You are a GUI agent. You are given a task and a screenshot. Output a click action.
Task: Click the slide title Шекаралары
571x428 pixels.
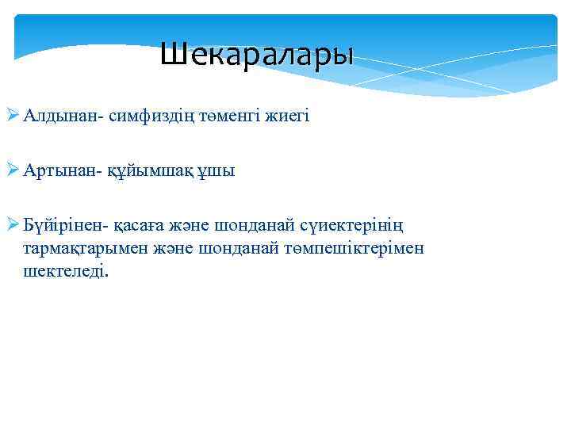256,55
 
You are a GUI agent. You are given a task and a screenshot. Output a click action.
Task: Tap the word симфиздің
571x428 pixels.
150,117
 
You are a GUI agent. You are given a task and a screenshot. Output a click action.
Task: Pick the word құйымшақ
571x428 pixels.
151,171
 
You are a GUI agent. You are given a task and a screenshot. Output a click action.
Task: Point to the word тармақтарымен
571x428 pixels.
78,249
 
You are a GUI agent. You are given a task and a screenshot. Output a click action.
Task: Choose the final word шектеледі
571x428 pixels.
67,271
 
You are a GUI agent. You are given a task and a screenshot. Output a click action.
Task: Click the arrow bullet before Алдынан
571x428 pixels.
13,117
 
